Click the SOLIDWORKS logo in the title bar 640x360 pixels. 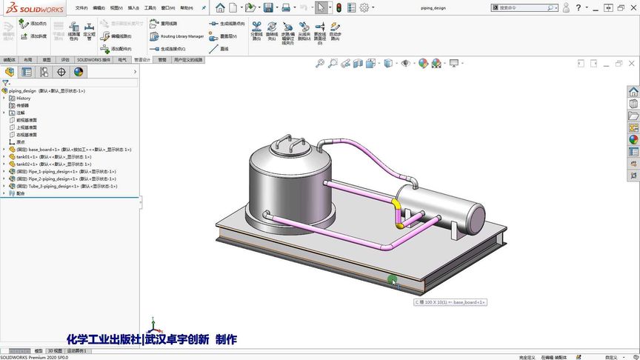point(30,8)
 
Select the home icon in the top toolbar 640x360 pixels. point(220,7)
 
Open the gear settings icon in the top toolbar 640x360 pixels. point(364,7)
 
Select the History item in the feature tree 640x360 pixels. point(23,98)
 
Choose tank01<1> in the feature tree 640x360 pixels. point(33,157)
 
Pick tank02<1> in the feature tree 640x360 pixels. point(33,164)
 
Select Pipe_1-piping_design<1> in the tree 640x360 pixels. point(51,172)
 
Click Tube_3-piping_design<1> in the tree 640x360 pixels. point(53,187)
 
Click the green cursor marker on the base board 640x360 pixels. point(392,279)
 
